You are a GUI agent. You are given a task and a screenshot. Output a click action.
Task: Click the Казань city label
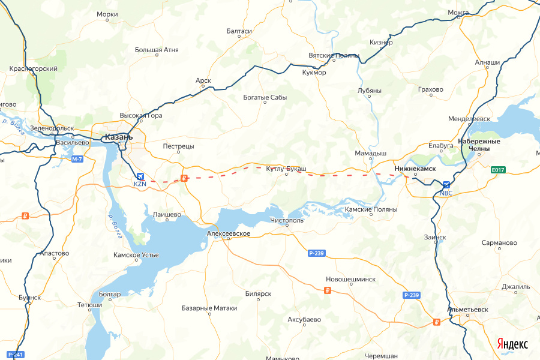[118, 137]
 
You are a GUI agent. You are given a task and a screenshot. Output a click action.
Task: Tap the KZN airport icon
[140, 176]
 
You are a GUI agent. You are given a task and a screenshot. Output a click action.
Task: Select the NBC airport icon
[446, 185]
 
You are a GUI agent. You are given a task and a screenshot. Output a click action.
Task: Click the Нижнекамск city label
[415, 169]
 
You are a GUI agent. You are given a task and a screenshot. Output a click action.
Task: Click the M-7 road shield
[77, 159]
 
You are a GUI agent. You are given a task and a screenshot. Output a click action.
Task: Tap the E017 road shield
[497, 170]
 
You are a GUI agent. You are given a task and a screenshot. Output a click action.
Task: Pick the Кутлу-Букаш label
[286, 169]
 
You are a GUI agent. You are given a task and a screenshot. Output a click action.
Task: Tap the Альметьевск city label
[468, 310]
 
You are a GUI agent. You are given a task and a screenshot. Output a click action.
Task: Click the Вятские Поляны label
[334, 55]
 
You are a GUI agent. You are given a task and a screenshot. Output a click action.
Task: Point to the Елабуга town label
[440, 145]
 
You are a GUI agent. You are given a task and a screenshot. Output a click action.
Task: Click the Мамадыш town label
[370, 153]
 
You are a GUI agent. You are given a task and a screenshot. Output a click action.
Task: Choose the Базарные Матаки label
[209, 308]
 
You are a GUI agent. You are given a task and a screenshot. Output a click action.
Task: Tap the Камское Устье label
[136, 255]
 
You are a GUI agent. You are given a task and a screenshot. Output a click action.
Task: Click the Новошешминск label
[350, 279]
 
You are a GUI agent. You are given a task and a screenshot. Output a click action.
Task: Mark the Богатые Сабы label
[265, 97]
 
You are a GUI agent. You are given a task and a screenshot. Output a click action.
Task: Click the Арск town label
[203, 80]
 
